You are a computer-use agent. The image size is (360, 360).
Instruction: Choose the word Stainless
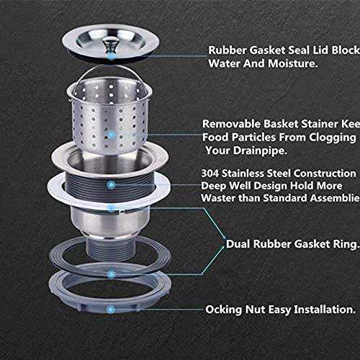tap(256, 174)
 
